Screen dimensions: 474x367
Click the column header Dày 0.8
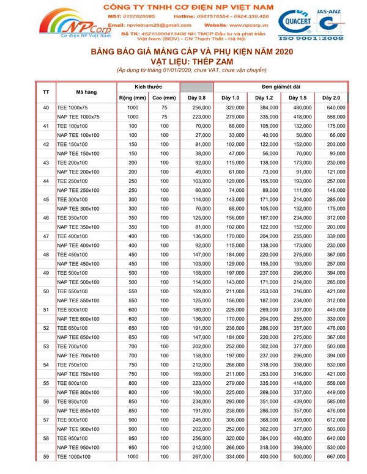(x=196, y=98)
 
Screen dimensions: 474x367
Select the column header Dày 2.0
(x=331, y=98)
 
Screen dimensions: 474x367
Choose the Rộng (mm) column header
(x=131, y=98)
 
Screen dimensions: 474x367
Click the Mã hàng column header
(x=86, y=92)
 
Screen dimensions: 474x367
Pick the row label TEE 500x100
(x=72, y=273)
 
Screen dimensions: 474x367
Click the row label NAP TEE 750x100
(x=78, y=374)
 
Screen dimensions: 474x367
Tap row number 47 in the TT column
(x=46, y=236)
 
